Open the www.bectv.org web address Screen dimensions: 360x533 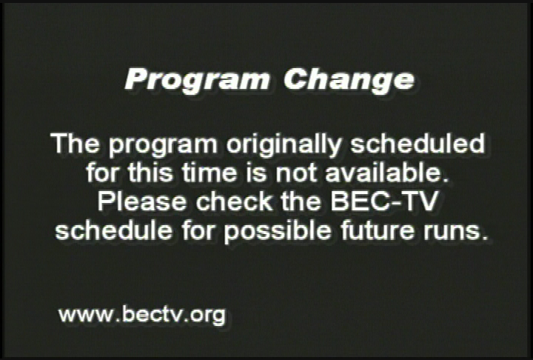[141, 315]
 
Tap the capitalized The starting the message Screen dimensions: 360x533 [73, 143]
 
